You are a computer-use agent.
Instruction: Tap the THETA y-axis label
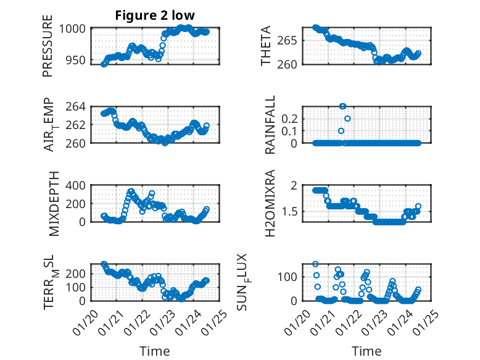[x=266, y=46]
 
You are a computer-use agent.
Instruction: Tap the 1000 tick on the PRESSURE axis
[x=75, y=28]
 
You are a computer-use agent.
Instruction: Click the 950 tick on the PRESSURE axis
[x=78, y=62]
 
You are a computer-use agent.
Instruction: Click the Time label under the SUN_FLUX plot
[x=366, y=351]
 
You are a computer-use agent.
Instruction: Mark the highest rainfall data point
[x=342, y=106]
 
